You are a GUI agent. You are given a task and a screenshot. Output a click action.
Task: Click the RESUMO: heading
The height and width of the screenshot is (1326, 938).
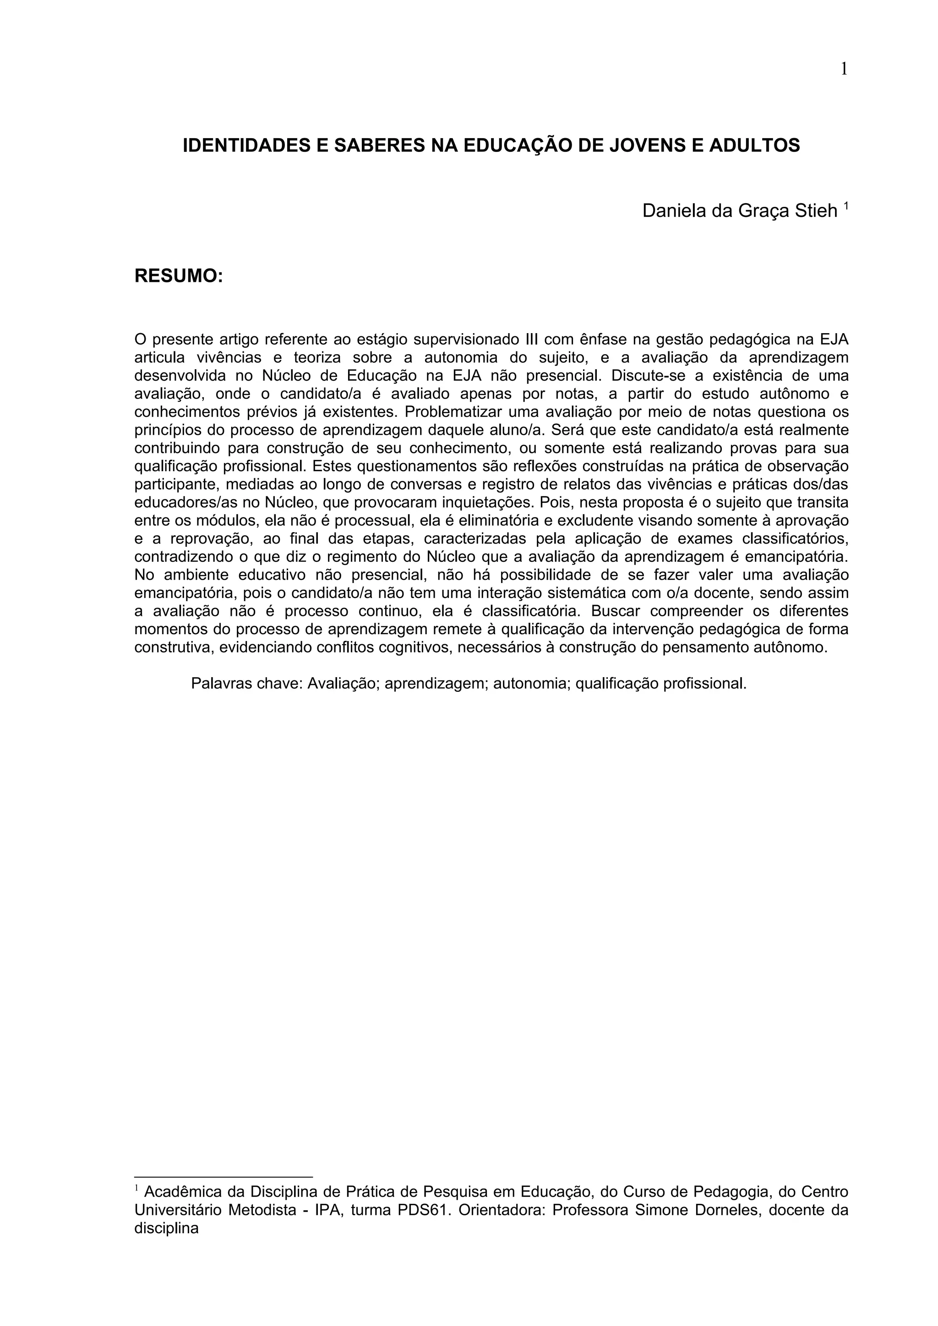(x=179, y=276)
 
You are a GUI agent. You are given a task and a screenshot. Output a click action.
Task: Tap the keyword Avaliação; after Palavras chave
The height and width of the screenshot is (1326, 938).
(x=343, y=684)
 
